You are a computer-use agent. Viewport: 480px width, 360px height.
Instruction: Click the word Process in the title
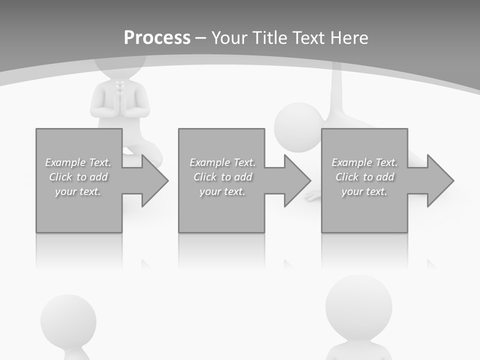tap(157, 38)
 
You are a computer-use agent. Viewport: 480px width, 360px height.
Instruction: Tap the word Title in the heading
tap(269, 38)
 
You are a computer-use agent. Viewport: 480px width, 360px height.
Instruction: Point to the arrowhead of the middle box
tap(296, 180)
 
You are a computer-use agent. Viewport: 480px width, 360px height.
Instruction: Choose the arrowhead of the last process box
tap(439, 180)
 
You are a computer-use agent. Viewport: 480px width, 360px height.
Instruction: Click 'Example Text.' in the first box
tap(78, 162)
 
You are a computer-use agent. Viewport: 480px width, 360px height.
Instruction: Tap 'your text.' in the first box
tap(78, 191)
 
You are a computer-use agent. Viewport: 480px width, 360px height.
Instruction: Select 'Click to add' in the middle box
tap(222, 177)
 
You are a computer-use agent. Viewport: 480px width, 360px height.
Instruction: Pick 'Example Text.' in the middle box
tap(222, 162)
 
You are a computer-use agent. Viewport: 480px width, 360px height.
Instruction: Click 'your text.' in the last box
tap(364, 191)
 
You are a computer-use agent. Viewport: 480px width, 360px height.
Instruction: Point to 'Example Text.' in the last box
tap(364, 162)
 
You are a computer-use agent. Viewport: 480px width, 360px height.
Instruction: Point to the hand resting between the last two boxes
tap(313, 195)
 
